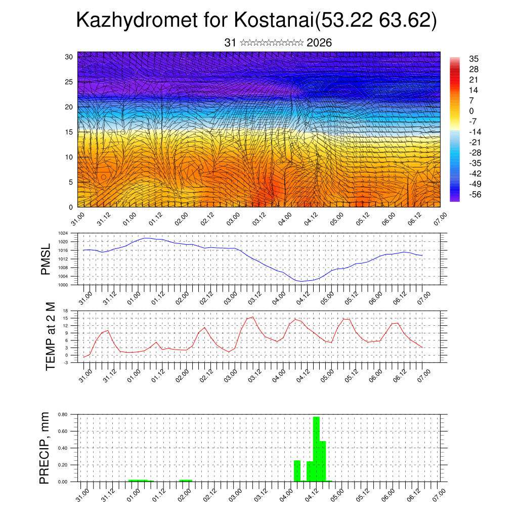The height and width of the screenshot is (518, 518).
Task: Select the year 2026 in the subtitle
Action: pyautogui.click(x=319, y=42)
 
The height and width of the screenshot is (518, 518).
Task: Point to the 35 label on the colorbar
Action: pyautogui.click(x=474, y=59)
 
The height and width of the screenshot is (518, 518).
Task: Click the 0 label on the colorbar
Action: pyautogui.click(x=471, y=111)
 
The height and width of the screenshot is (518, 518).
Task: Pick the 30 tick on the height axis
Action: pyautogui.click(x=69, y=57)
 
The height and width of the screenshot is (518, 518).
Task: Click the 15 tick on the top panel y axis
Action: pyautogui.click(x=69, y=132)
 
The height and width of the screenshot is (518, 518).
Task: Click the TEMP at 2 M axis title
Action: pyautogui.click(x=50, y=336)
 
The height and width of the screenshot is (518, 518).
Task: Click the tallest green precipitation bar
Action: pyautogui.click(x=316, y=448)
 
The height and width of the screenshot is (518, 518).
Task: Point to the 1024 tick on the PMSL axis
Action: pyautogui.click(x=63, y=233)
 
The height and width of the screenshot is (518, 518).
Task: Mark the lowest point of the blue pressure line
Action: pyautogui.click(x=301, y=281)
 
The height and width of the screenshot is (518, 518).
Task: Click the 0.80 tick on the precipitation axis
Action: pyautogui.click(x=63, y=414)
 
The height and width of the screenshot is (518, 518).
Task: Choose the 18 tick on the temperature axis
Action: pyautogui.click(x=65, y=311)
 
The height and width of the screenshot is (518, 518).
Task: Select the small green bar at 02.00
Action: pyautogui.click(x=185, y=480)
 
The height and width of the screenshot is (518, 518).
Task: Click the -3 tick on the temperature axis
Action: pyautogui.click(x=65, y=362)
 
